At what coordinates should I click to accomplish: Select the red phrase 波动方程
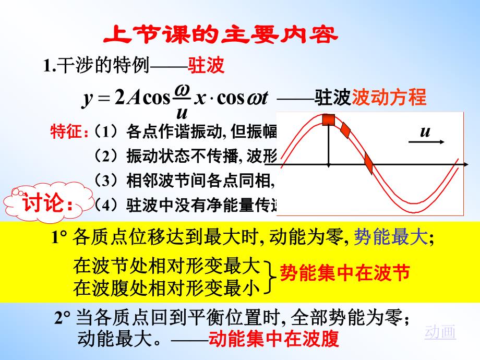(389, 97)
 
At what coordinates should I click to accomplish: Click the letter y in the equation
(87, 98)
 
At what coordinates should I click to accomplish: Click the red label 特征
(67, 131)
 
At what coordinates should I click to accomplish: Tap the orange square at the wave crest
(328, 119)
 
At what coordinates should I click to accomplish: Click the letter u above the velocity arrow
(426, 131)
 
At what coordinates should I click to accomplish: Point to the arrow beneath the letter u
(432, 141)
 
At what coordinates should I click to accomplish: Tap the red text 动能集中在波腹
(273, 339)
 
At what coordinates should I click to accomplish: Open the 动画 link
(440, 332)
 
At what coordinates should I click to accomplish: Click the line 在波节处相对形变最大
(166, 266)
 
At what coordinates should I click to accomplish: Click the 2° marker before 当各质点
(63, 318)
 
